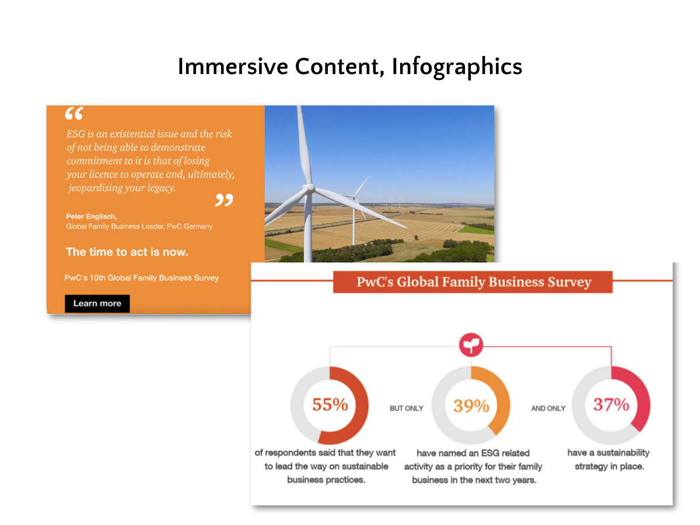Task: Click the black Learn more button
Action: pos(97,303)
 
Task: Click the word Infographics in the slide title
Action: pos(457,66)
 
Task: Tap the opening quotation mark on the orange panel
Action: pos(74,114)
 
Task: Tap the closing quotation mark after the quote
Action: pos(223,200)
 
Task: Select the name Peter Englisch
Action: pos(91,216)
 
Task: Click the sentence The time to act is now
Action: pos(127,252)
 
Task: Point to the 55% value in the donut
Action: pos(330,404)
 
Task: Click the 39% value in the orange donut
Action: pos(471,405)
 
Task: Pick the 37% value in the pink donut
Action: pos(611,404)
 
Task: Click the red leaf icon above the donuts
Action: pos(471,345)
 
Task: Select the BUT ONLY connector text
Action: pos(406,408)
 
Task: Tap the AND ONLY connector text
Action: pos(548,408)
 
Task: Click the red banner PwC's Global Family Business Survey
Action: pos(473,282)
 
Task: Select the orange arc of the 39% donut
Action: pos(499,397)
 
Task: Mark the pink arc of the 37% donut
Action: pos(639,397)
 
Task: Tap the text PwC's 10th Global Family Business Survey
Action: pos(142,278)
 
